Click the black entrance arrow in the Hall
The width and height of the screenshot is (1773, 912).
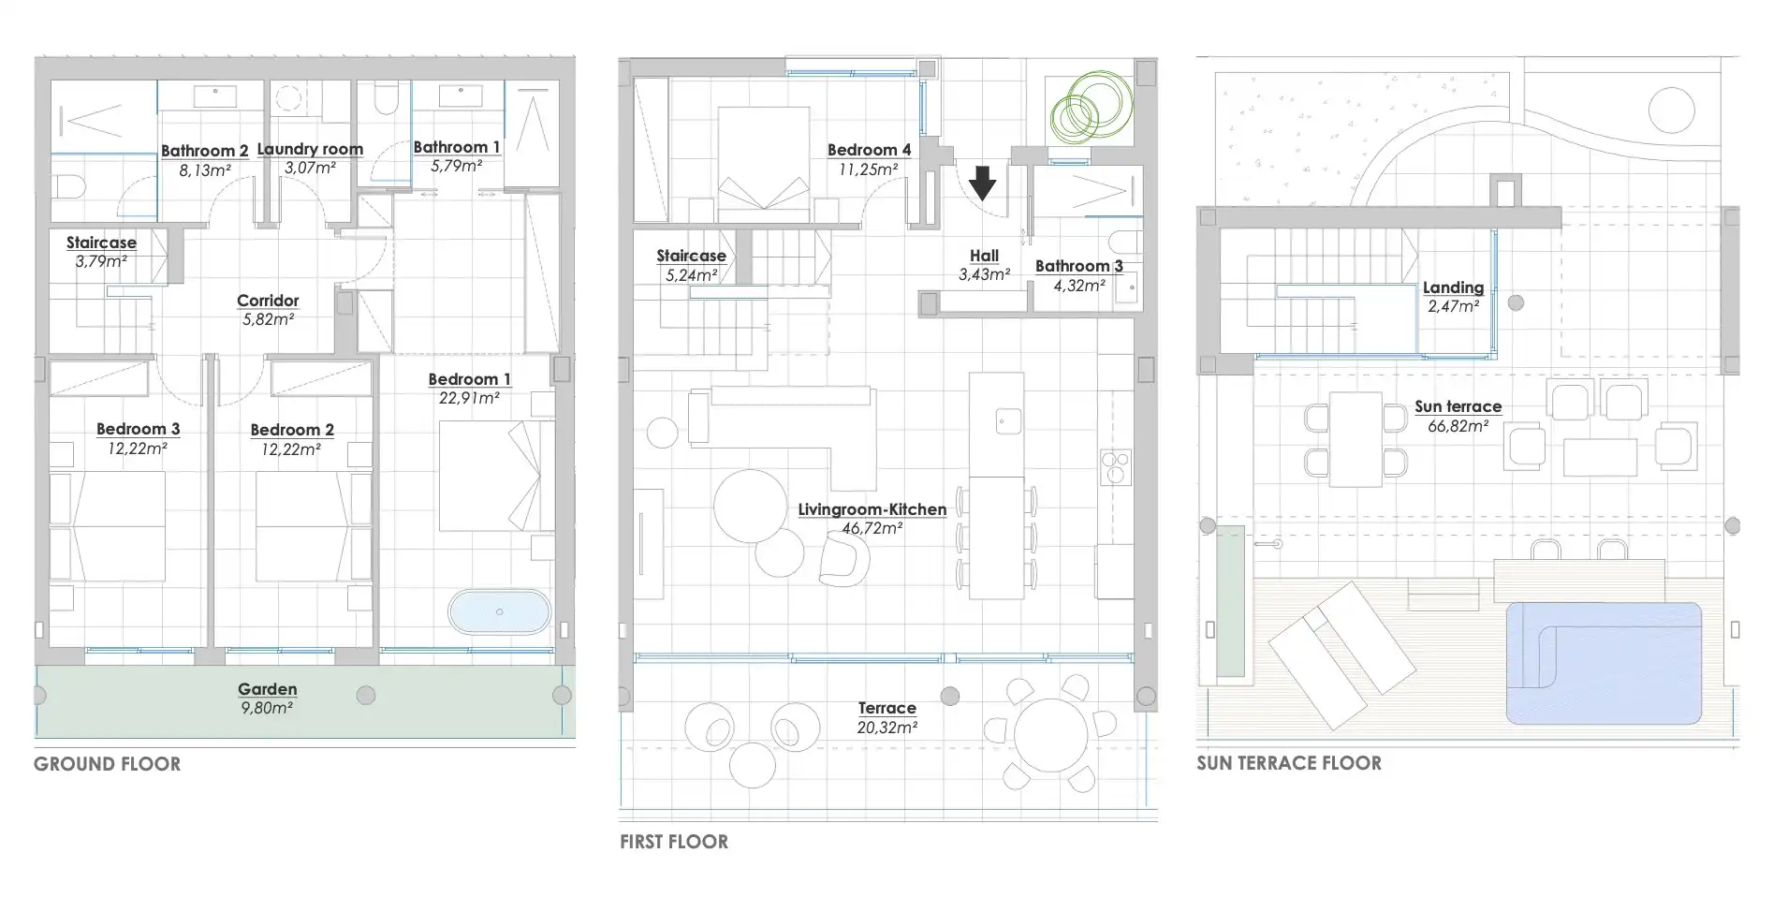pos(982,184)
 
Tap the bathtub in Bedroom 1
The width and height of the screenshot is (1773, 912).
pos(499,611)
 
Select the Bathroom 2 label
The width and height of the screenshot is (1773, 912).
pos(205,151)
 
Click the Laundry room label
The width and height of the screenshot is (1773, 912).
pos(310,149)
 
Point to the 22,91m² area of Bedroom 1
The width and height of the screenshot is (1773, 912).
pos(469,398)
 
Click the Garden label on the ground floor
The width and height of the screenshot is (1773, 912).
pos(268,689)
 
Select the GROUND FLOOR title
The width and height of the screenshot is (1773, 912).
pos(108,764)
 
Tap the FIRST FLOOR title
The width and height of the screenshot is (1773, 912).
pos(674,842)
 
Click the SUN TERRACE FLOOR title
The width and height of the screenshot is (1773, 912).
pos(1289,763)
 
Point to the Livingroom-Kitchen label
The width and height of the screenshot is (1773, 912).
pos(872,509)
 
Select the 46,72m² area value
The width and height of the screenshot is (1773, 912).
pos(872,528)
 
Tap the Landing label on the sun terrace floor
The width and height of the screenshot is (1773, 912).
pos(1453,287)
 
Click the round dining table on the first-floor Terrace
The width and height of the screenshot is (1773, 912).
pos(1051,735)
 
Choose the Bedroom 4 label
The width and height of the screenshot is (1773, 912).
pos(869,150)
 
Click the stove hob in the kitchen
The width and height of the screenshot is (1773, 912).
pos(1116,466)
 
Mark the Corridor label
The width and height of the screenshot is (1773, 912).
pos(268,301)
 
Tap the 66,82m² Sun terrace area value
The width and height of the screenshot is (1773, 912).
pos(1458,426)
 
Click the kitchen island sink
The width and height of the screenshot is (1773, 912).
pos(1008,420)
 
